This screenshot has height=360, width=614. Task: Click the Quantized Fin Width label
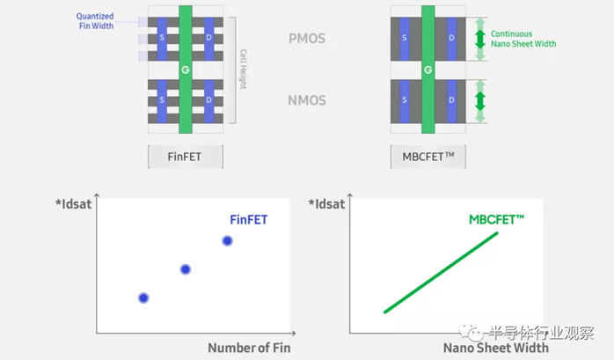coord(96,21)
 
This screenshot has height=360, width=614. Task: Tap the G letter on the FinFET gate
coord(186,70)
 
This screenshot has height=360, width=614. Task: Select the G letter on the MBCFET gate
coord(428,70)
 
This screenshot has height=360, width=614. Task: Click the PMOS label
coord(307,39)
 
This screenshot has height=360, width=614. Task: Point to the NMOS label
coord(307,100)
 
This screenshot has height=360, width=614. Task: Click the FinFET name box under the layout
coord(186,157)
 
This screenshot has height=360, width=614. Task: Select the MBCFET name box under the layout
coord(428,157)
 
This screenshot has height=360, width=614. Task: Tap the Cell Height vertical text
coord(243,69)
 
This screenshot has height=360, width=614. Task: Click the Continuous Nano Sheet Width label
coord(523,39)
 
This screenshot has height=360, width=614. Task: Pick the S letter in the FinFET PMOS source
coord(162,38)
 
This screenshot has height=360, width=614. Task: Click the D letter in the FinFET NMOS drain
coord(208,99)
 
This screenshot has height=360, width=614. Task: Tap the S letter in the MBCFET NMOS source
coord(405,99)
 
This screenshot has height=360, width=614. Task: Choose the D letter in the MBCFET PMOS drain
coord(451,38)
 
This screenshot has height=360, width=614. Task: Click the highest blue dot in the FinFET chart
coord(227,240)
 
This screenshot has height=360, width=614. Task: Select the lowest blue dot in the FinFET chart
coord(143,298)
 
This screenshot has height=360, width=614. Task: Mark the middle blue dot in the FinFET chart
coord(186,269)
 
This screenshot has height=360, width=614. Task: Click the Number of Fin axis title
coord(249,348)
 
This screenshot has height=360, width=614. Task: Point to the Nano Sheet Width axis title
coord(496,348)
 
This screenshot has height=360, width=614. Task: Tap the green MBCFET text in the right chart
coord(496,219)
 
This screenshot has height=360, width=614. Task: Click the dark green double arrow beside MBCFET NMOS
coord(480,101)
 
